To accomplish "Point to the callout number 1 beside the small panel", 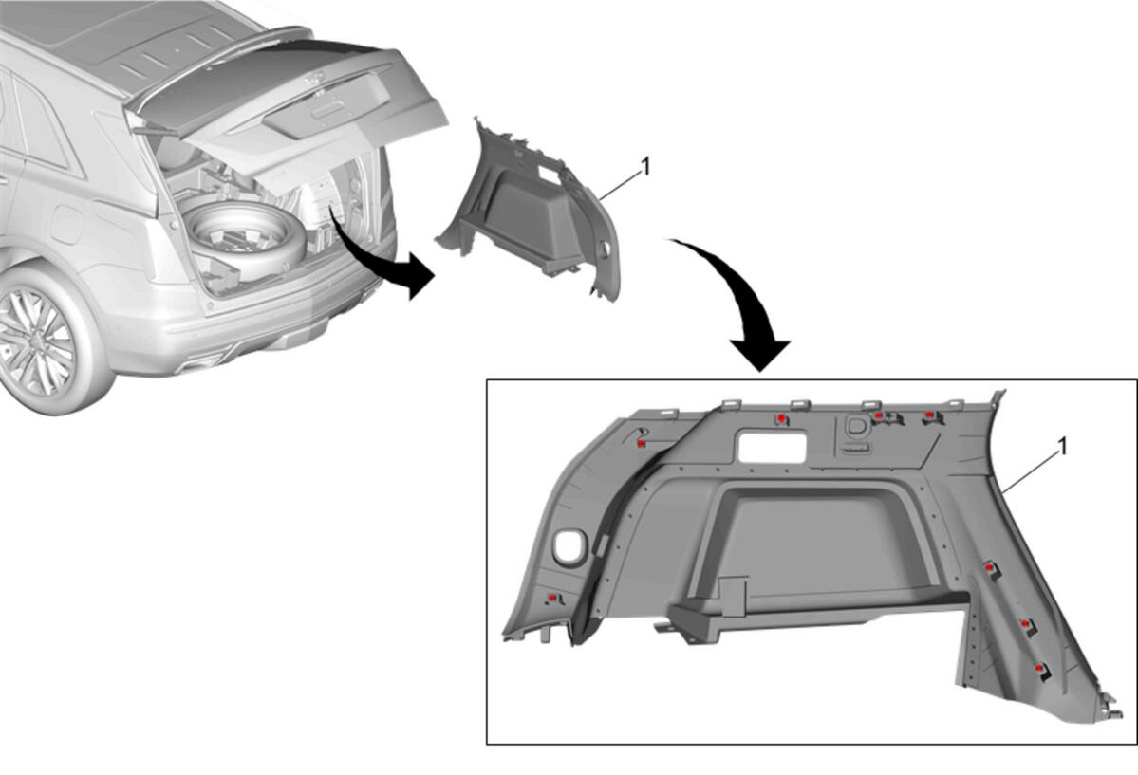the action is (x=645, y=168).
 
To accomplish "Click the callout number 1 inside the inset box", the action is (x=1063, y=447).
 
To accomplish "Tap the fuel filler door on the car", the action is (x=66, y=224).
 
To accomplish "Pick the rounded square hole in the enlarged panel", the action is (x=569, y=545).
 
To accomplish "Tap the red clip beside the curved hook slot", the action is (x=642, y=443).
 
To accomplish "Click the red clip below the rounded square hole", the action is (x=553, y=598).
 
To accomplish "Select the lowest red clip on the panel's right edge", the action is (x=1040, y=669).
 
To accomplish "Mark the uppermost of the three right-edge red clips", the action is (x=988, y=567).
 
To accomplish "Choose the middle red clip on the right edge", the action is (x=1025, y=623).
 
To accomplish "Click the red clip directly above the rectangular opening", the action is (x=781, y=418).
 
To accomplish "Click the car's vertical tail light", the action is (x=163, y=250).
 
